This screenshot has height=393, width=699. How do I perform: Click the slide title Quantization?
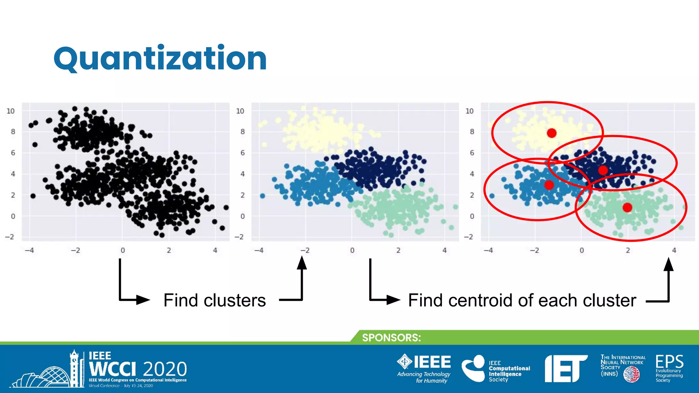[x=160, y=59]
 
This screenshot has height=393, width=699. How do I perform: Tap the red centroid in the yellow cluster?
[x=552, y=133]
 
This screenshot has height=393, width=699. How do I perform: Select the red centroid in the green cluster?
[x=627, y=207]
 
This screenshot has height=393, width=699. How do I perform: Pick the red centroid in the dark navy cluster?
[x=603, y=170]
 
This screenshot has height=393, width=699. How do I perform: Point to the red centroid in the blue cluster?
[x=549, y=185]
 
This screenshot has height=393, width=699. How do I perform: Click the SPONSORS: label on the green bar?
[x=391, y=338]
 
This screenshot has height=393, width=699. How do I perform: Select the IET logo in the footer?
[x=566, y=368]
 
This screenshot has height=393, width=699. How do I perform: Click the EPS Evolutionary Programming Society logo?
[x=669, y=368]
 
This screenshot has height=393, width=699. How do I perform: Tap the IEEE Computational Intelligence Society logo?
[x=496, y=369]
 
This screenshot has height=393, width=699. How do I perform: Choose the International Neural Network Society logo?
[x=622, y=368]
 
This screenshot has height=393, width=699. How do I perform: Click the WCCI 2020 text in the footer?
[x=138, y=369]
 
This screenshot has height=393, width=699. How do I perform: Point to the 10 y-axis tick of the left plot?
[x=11, y=111]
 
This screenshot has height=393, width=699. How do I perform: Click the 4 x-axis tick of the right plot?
[x=674, y=250]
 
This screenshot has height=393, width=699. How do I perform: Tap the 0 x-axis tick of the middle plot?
[x=352, y=250]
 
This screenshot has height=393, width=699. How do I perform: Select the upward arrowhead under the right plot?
[x=669, y=264]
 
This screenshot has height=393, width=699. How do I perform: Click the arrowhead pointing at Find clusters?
[x=143, y=300]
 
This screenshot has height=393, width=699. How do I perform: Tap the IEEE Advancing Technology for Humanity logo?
[x=424, y=368]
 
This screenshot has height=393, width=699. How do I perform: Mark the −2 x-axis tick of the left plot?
[x=75, y=250]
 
